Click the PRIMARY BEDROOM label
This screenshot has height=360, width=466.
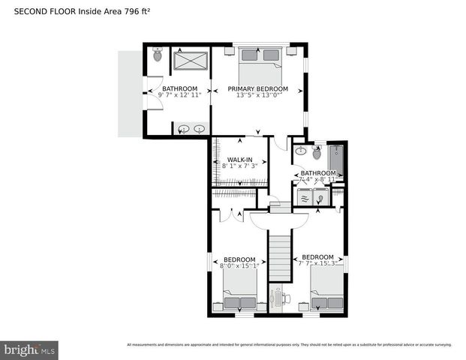(x=258, y=89)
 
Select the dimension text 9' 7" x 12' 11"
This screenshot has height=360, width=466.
(x=180, y=96)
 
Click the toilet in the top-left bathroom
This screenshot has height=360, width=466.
(x=158, y=54)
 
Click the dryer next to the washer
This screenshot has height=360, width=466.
(x=321, y=197)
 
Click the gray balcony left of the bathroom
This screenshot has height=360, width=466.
(x=128, y=94)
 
